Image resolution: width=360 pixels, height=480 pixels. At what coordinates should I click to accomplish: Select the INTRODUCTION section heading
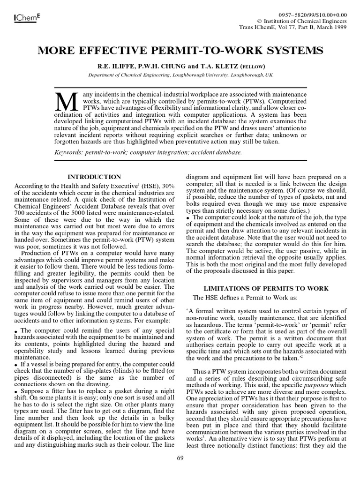coord(94,177)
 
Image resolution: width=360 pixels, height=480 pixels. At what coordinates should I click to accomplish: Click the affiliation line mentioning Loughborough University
coord(180,75)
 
